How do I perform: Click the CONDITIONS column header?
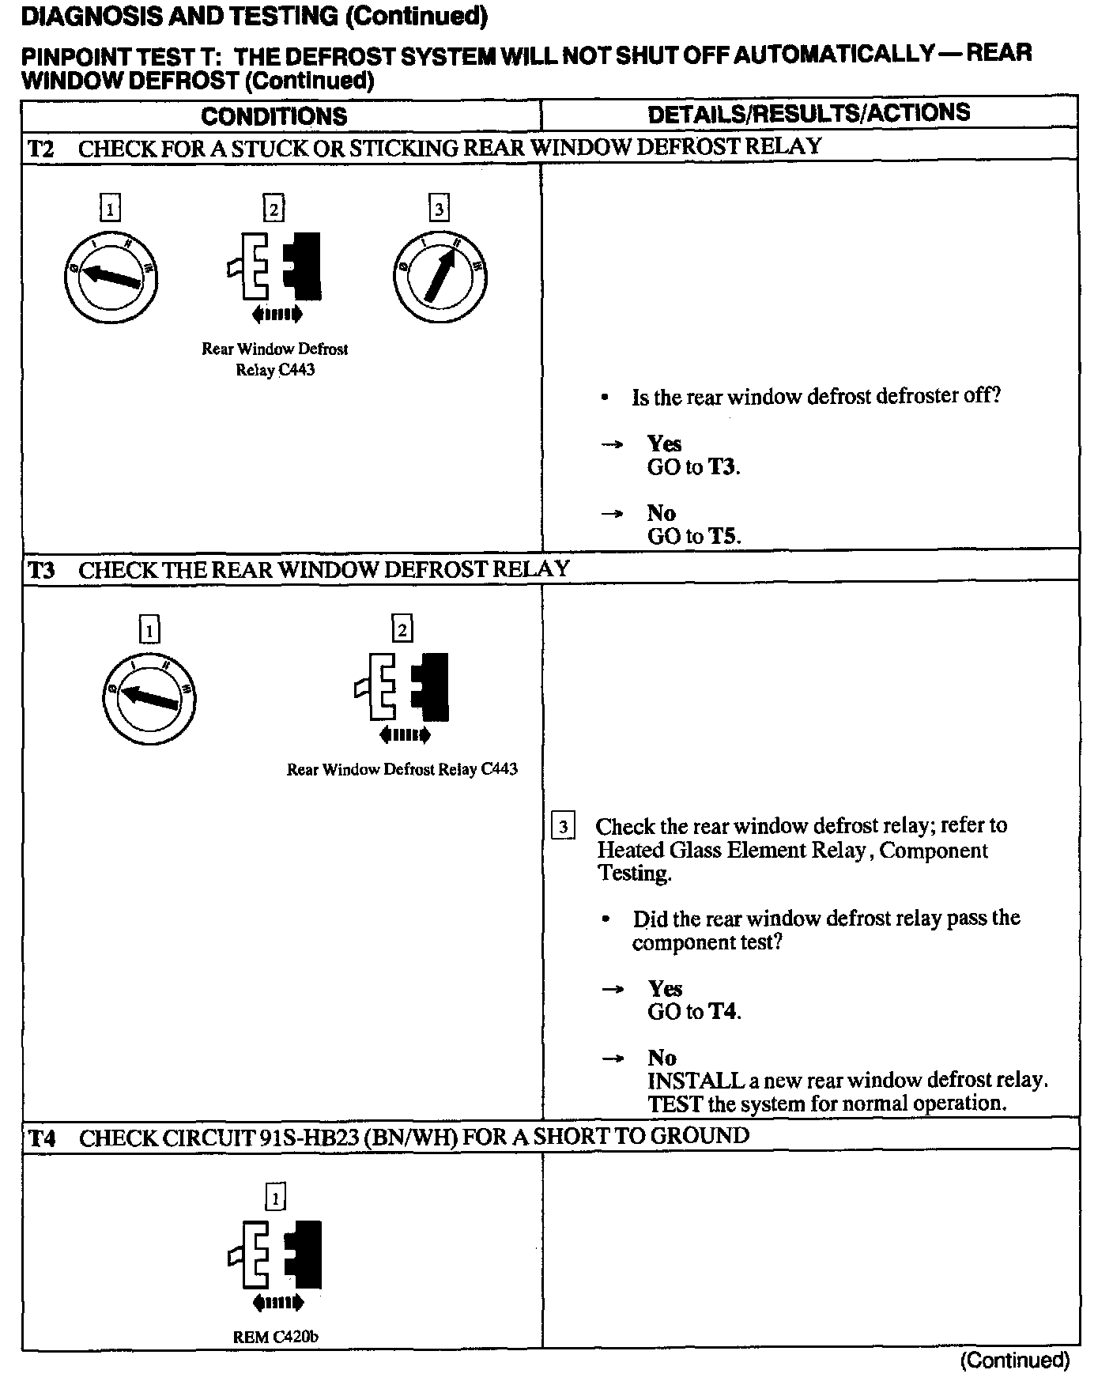pos(274,116)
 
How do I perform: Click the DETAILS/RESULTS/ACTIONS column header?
pos(809,113)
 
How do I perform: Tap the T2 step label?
pos(41,148)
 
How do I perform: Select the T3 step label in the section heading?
pos(41,569)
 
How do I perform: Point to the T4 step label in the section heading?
pos(41,1138)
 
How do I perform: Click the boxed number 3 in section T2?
pos(439,209)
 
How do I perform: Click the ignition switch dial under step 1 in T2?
pos(111,277)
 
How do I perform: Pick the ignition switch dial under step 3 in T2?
pos(440,277)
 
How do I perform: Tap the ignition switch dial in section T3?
pos(149,697)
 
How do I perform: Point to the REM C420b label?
pos(275,1338)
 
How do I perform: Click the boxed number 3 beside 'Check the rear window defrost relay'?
pos(562,827)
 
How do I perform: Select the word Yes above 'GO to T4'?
pos(665,988)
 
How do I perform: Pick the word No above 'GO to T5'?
pos(661,513)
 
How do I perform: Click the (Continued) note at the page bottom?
pos(1014,1360)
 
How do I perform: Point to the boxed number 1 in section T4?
pos(275,1199)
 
